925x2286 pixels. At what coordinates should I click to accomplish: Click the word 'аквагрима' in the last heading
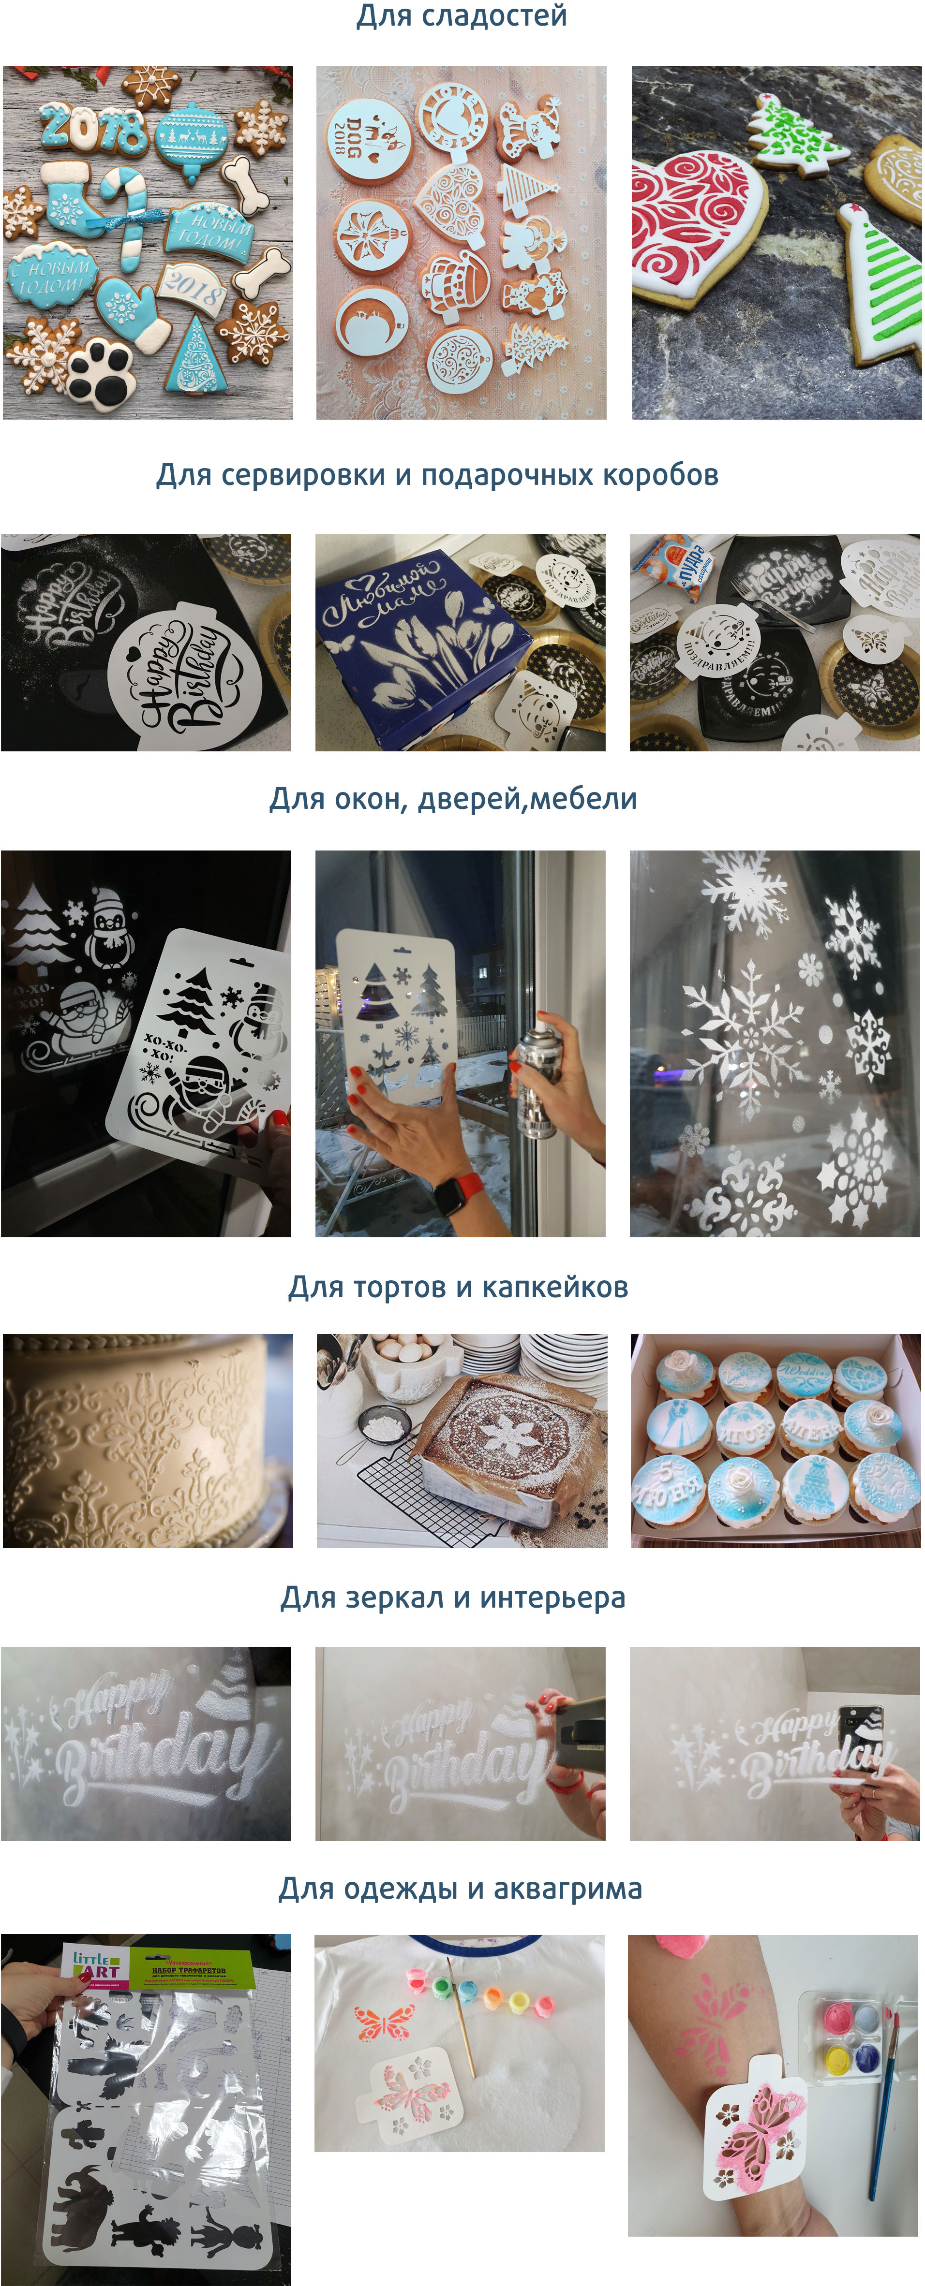click(x=567, y=1889)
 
